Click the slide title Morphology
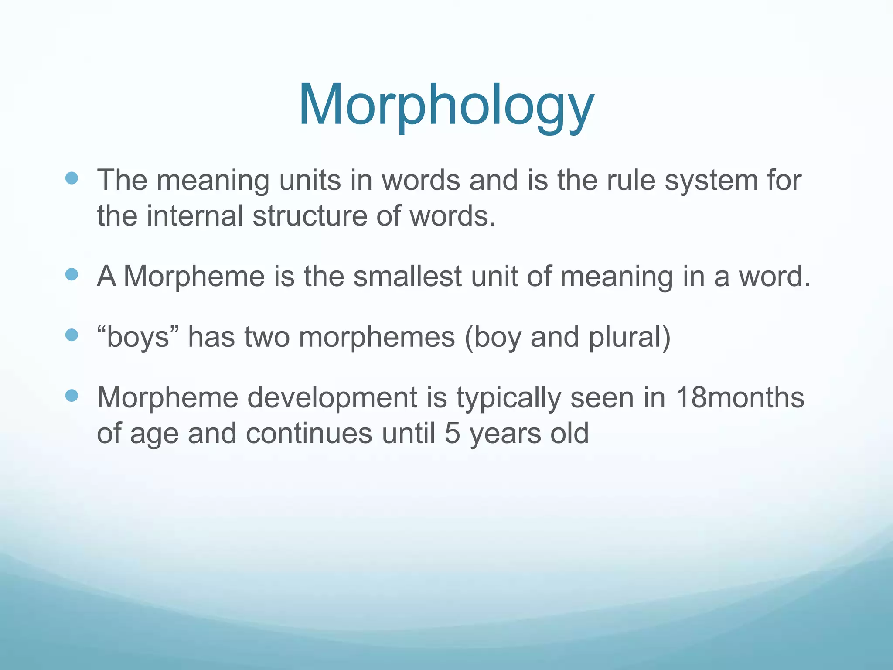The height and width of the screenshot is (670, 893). pyautogui.click(x=446, y=106)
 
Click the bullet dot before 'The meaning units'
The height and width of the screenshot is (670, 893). pyautogui.click(x=71, y=178)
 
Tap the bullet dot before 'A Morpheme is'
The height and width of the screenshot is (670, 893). pyautogui.click(x=71, y=274)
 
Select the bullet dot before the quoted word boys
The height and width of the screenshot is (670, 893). pyautogui.click(x=71, y=335)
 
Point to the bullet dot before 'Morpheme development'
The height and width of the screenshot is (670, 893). pyautogui.click(x=71, y=396)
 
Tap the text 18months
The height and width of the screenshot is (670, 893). pyautogui.click(x=740, y=397)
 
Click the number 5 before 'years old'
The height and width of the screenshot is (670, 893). pyautogui.click(x=452, y=434)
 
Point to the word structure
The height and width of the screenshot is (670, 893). pyautogui.click(x=310, y=215)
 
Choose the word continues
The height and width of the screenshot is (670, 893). pyautogui.click(x=309, y=434)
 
